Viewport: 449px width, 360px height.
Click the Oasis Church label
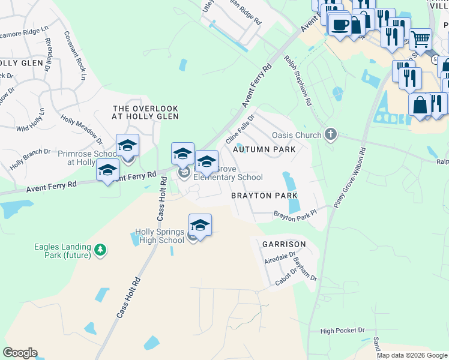(x=297, y=135)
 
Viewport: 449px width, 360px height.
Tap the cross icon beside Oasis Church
(x=330, y=134)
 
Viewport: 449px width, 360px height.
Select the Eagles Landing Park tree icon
(x=101, y=249)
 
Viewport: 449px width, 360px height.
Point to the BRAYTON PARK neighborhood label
(x=265, y=196)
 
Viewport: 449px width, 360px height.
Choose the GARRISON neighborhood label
(x=284, y=244)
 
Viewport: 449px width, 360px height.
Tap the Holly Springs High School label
(x=159, y=236)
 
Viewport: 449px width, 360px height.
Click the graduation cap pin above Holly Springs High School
(x=200, y=226)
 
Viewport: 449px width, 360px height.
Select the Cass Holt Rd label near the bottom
(x=128, y=296)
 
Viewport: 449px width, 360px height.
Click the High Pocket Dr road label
(x=343, y=331)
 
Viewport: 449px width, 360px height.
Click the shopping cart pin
(x=420, y=40)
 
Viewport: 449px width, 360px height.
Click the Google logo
(x=20, y=353)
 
